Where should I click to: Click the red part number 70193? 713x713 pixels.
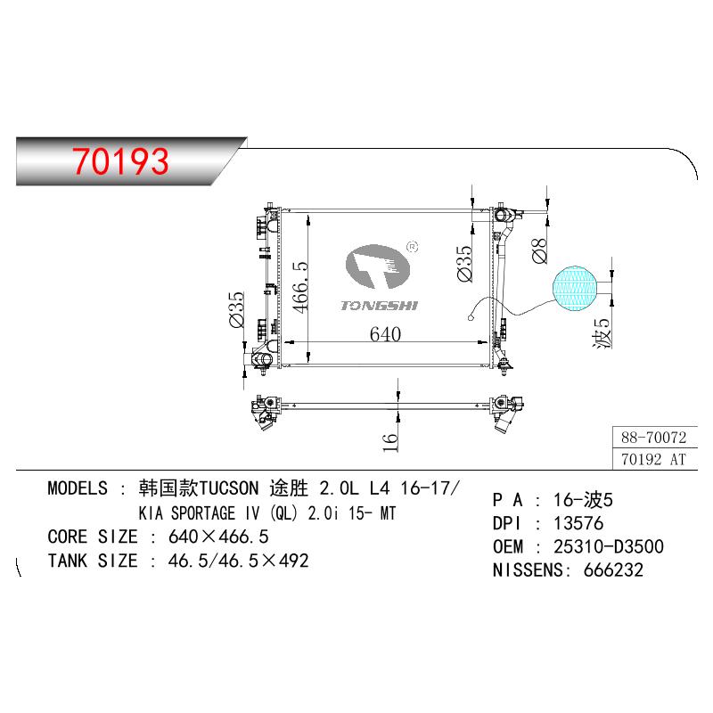pos(120,161)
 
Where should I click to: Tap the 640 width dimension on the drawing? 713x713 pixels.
pos(385,334)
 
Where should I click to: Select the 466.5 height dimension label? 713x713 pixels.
pos(300,287)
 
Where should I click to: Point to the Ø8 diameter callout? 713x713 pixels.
pos(539,250)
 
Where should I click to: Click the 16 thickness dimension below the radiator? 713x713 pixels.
pos(389,442)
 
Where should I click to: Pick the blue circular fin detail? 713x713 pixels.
pos(574,288)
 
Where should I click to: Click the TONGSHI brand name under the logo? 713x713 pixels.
pos(380,306)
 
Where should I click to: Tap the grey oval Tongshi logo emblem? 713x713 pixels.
pos(377,266)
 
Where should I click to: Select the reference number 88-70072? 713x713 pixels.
pos(653,438)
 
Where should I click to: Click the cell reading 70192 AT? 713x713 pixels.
pos(653,459)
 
